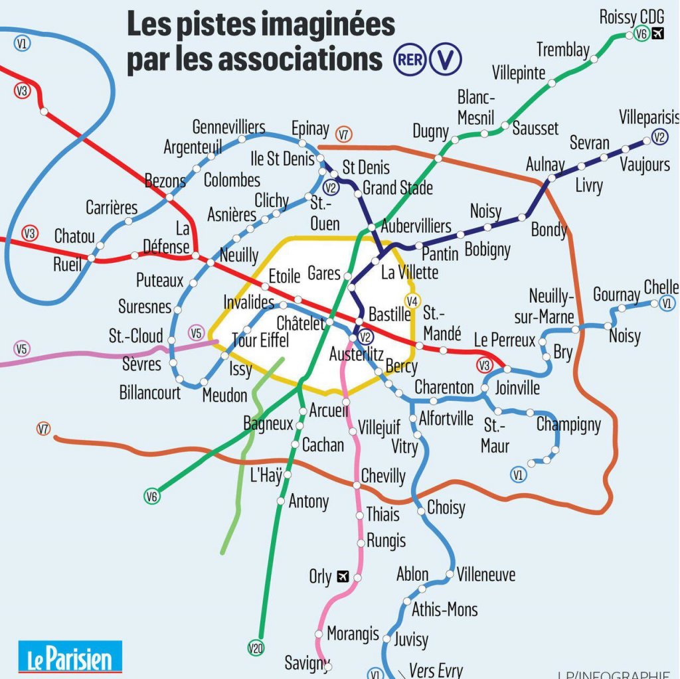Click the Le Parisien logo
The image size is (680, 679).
pyautogui.click(x=70, y=657)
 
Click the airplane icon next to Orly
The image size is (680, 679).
pyautogui.click(x=343, y=576)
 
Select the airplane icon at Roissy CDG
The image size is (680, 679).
pyautogui.click(x=659, y=33)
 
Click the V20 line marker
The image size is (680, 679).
pyautogui.click(x=256, y=648)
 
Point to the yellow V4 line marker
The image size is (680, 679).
pyautogui.click(x=413, y=301)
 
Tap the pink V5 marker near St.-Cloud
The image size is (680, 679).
pyautogui.click(x=196, y=333)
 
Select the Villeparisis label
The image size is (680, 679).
pyautogui.click(x=649, y=117)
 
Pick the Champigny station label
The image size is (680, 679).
pyautogui.click(x=568, y=424)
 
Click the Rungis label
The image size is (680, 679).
pyautogui.click(x=386, y=541)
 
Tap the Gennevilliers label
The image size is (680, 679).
pyautogui.click(x=228, y=127)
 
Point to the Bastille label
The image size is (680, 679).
pyautogui.click(x=390, y=314)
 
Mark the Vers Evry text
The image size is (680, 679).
pyautogui.click(x=436, y=670)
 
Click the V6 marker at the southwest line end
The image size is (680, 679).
pyautogui.click(x=152, y=496)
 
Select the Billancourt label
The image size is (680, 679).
pyautogui.click(x=150, y=392)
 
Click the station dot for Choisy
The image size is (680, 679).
pyautogui.click(x=421, y=510)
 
